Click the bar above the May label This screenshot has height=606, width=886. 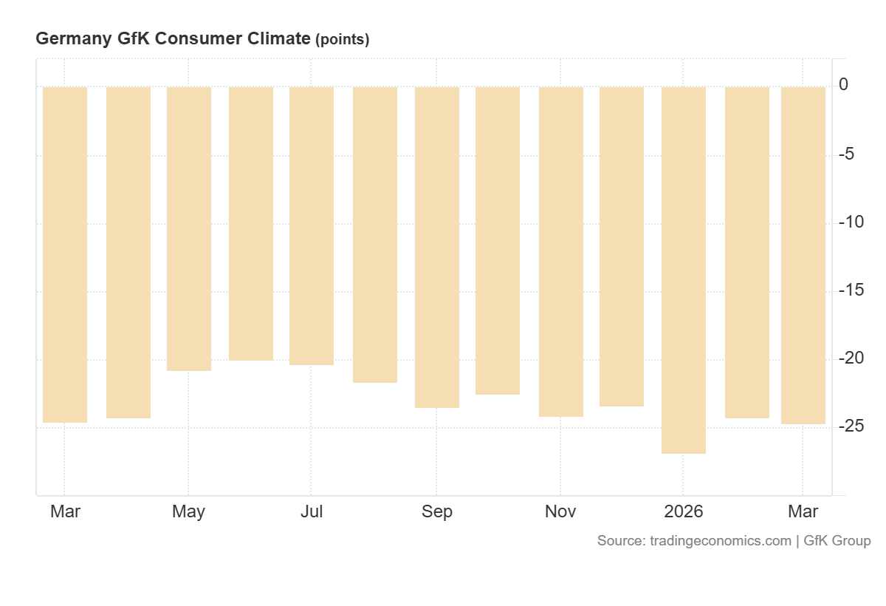click(189, 228)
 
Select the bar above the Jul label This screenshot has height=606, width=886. click(312, 225)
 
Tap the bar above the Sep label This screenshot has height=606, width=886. click(437, 247)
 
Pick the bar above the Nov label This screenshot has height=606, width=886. click(561, 251)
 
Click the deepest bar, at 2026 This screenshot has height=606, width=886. click(684, 270)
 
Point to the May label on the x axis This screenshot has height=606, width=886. click(188, 511)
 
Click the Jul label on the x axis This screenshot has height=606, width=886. click(312, 511)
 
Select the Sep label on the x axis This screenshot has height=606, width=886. click(437, 511)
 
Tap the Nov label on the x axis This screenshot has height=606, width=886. click(560, 511)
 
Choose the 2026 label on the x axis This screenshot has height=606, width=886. click(684, 511)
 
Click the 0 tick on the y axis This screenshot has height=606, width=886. click(843, 86)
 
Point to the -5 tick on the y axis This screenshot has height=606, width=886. click(846, 154)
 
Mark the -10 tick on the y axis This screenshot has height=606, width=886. click(851, 222)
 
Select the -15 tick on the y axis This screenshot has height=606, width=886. click(851, 290)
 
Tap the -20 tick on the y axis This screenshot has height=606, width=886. click(851, 358)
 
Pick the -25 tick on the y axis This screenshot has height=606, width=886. click(851, 426)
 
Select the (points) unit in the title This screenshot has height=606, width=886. click(342, 40)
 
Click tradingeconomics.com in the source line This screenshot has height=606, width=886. click(720, 541)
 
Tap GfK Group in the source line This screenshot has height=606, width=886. click(837, 541)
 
